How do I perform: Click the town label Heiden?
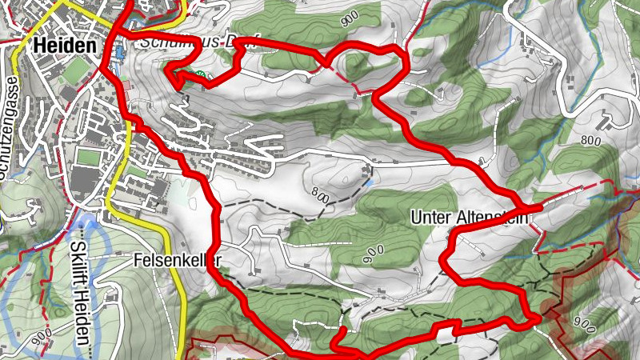click(x=65, y=46)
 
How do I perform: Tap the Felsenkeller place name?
click(x=176, y=260)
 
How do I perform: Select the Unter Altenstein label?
click(x=470, y=217)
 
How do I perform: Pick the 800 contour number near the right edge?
click(x=591, y=140)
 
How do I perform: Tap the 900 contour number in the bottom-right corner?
click(x=585, y=324)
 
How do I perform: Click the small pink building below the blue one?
click(x=126, y=83)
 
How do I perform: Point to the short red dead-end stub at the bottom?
click(x=342, y=335)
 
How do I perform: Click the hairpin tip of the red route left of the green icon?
click(x=169, y=74)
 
